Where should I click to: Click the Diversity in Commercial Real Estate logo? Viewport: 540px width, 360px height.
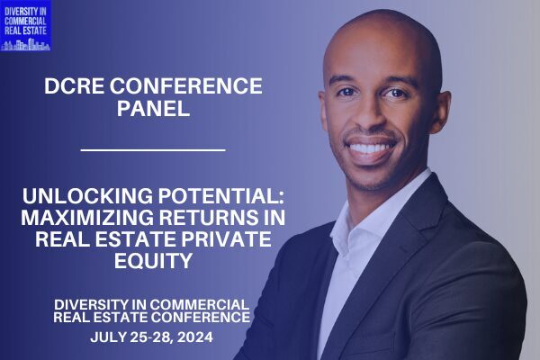(x=26, y=26)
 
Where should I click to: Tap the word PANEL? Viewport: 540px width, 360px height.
(x=154, y=108)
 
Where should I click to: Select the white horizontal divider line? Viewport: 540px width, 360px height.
(x=153, y=150)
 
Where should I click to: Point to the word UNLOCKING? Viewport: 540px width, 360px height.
(x=87, y=195)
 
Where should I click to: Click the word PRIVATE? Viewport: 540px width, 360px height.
(x=226, y=239)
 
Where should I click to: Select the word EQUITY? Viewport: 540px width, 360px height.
(x=153, y=261)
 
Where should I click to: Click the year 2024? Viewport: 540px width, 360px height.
(x=195, y=337)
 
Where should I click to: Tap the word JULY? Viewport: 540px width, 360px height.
(x=108, y=337)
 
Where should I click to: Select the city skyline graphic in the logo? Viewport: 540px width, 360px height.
(x=25, y=44)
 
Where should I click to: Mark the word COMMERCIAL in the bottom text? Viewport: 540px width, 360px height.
(x=200, y=304)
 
